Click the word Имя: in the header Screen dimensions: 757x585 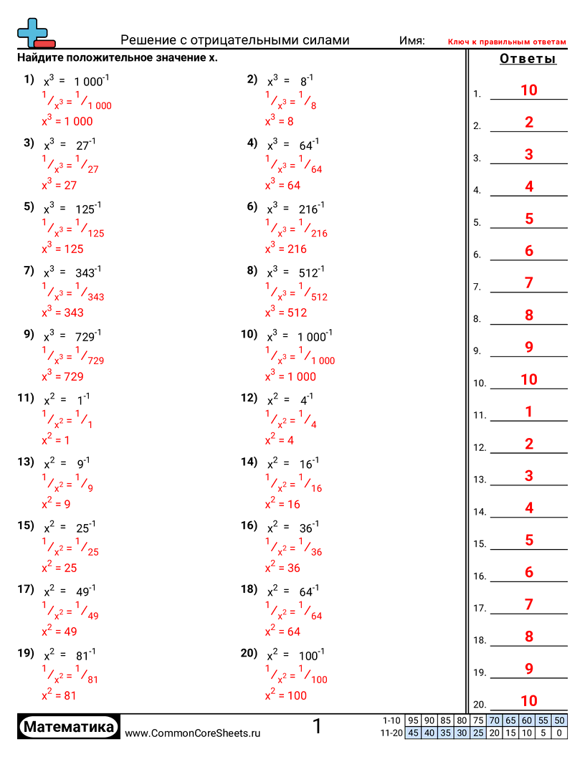tap(412, 41)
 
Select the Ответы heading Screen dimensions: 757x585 tap(528, 59)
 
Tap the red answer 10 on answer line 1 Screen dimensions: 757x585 tap(528, 90)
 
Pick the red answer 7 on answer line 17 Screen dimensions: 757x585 tap(528, 604)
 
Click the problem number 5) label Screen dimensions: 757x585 tap(29, 207)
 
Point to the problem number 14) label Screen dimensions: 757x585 tap(249, 462)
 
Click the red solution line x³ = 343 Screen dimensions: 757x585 tap(62, 313)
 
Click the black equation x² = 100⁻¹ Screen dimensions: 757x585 tap(296, 655)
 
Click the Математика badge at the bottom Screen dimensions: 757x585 tap(69, 728)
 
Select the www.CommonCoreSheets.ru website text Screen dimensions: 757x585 tap(192, 733)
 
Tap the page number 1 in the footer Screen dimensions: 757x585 tap(317, 727)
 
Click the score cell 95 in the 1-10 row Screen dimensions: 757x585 tap(412, 720)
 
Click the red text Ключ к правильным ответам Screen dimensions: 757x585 tap(507, 42)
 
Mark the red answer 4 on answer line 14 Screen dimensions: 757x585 tap(528, 508)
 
